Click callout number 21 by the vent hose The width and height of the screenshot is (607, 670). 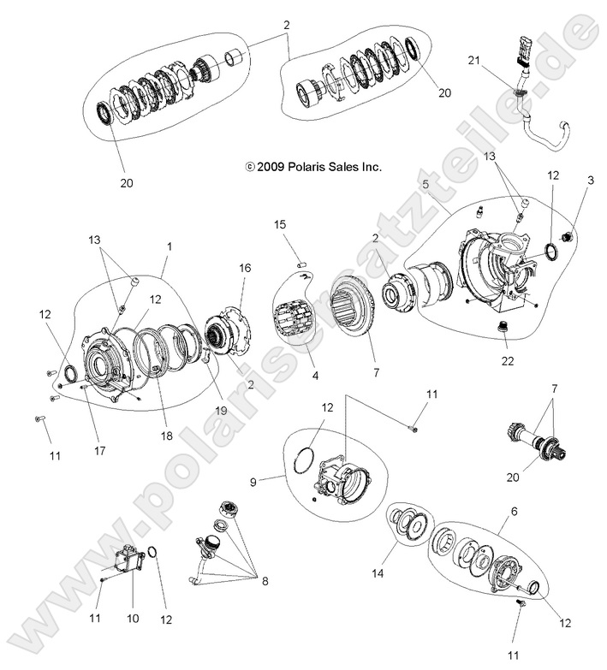[x=474, y=59]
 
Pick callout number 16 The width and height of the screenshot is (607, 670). [x=245, y=268]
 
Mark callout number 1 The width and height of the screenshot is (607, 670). [x=170, y=246]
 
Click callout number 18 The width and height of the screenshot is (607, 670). [x=166, y=436]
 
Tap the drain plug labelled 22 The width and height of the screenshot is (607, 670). [x=504, y=329]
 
